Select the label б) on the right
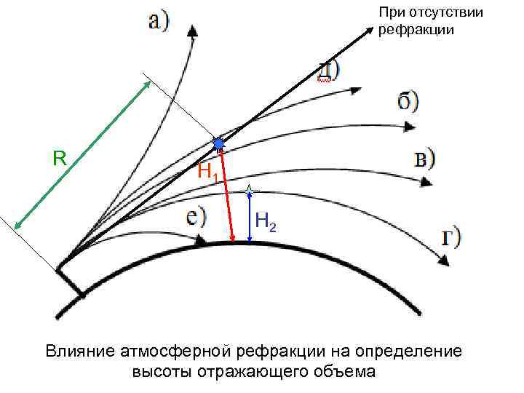[408, 101]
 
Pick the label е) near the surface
[194, 217]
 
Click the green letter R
[60, 157]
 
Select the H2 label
[266, 222]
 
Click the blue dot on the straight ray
[218, 145]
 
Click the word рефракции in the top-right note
[416, 30]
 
